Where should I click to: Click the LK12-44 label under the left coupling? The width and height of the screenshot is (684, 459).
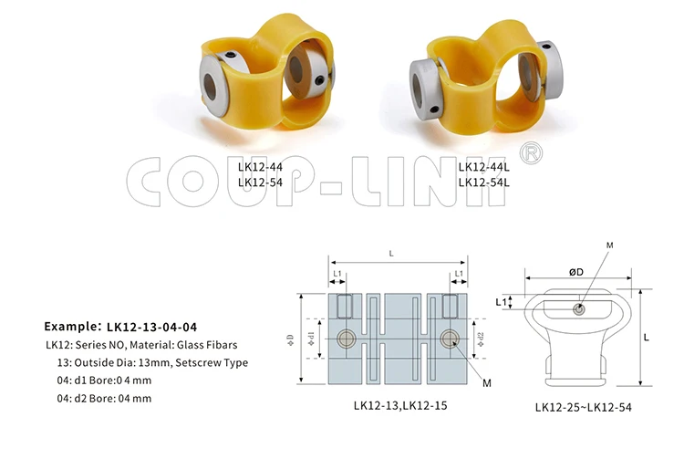coord(260,167)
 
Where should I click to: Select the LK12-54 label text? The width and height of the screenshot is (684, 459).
coord(260,182)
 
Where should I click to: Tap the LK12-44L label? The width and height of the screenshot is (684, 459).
coord(482,167)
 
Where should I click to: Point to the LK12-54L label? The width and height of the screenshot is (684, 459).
coord(482,182)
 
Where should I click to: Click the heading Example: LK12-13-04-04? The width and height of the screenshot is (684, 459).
coord(120,325)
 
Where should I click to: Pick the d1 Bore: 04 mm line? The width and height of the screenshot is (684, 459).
coord(104,381)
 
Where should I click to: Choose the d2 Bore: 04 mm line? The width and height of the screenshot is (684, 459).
coord(104,399)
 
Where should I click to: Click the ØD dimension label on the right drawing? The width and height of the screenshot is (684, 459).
coord(576,273)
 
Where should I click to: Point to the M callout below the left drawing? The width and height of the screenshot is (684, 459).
coord(487,383)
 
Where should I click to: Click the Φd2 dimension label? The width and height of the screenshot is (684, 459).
coord(481,339)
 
